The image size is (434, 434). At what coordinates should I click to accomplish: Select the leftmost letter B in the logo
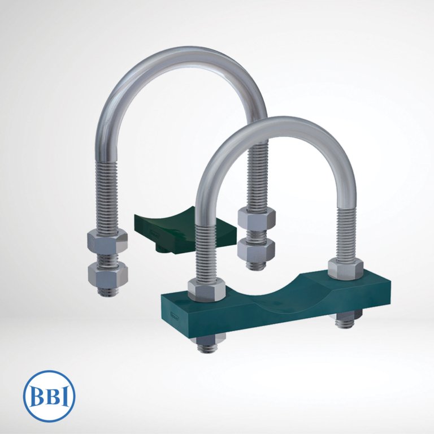click(x=37, y=396)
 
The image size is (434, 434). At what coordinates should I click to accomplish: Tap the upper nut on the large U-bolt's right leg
click(x=257, y=218)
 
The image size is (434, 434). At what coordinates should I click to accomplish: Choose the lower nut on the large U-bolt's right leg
click(x=257, y=251)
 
